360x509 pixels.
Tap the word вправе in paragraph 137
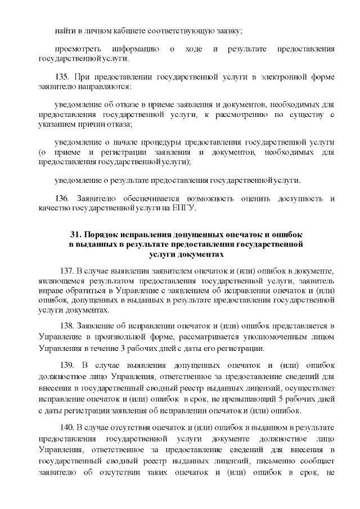(49, 291)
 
